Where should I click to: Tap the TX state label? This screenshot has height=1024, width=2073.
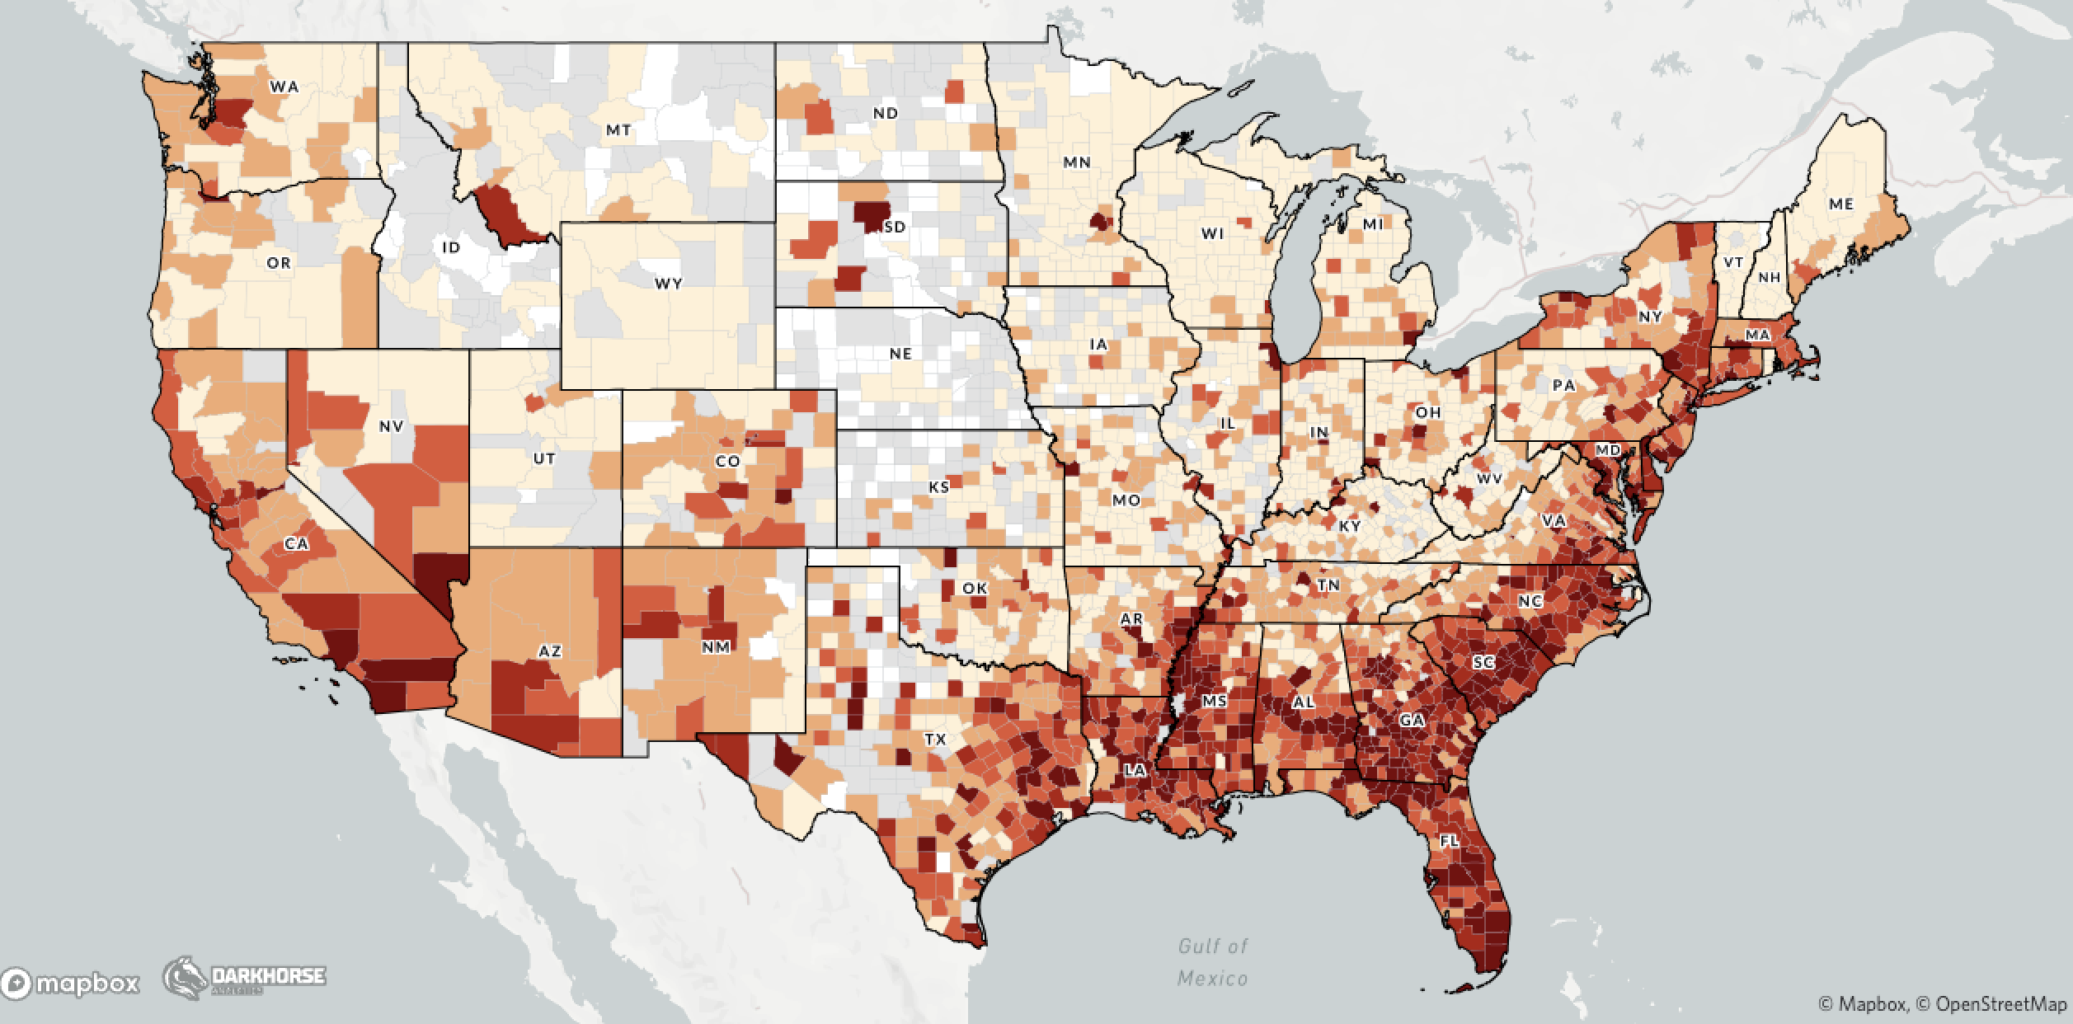tap(934, 740)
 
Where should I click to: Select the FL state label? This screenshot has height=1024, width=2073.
tap(1450, 841)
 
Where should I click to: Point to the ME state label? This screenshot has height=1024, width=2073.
tap(1840, 204)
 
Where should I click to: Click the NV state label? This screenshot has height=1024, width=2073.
tap(391, 426)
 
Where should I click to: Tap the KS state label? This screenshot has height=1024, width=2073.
tap(938, 487)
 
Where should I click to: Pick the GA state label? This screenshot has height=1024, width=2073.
tap(1412, 720)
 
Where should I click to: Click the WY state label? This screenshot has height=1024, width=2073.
tap(669, 284)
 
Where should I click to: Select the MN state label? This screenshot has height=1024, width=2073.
tap(1076, 162)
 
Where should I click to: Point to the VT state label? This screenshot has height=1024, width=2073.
tap(1733, 262)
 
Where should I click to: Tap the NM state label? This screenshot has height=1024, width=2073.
tap(716, 647)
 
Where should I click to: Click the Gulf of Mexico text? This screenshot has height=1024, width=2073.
tap(1212, 962)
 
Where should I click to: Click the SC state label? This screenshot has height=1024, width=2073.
tap(1483, 662)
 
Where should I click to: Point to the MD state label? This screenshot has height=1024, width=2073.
tap(1607, 450)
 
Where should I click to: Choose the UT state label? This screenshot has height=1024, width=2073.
tap(544, 459)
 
